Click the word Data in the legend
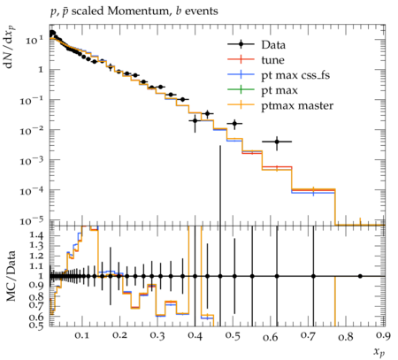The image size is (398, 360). pyautogui.click(x=273, y=45)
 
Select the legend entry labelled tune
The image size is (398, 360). pyautogui.click(x=272, y=60)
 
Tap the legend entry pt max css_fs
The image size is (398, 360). pyautogui.click(x=295, y=75)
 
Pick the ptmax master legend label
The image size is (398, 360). pyautogui.click(x=297, y=105)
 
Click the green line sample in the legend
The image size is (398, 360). pyautogui.click(x=241, y=90)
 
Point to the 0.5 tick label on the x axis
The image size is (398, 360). pyautogui.click(x=233, y=335)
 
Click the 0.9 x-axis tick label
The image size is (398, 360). pyautogui.click(x=384, y=335)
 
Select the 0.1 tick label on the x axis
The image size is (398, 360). pyautogui.click(x=81, y=335)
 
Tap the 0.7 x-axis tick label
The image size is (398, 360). pyautogui.click(x=308, y=335)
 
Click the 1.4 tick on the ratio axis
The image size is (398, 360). pyautogui.click(x=36, y=235)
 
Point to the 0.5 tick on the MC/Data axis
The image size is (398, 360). pyautogui.click(x=36, y=325)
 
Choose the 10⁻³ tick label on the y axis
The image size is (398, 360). pyautogui.click(x=30, y=161)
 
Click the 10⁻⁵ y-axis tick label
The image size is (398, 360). pyautogui.click(x=30, y=221)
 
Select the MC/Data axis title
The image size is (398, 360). pyautogui.click(x=11, y=276)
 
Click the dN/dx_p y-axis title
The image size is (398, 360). pyautogui.click(x=10, y=47)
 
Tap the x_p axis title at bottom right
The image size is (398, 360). pyautogui.click(x=379, y=351)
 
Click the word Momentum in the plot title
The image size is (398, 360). pyautogui.click(x=138, y=11)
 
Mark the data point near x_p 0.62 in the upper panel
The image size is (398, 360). pyautogui.click(x=277, y=142)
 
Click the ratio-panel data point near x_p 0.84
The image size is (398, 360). pyautogui.click(x=360, y=276)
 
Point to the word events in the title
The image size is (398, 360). pyautogui.click(x=202, y=11)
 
